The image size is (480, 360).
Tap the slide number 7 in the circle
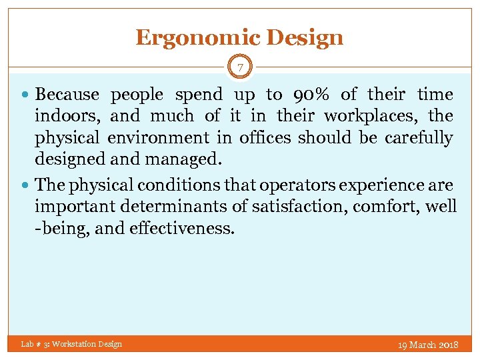click(x=240, y=68)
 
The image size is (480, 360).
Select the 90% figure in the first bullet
click(x=311, y=95)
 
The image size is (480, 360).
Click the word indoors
click(x=67, y=116)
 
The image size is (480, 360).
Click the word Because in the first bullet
click(x=67, y=95)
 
